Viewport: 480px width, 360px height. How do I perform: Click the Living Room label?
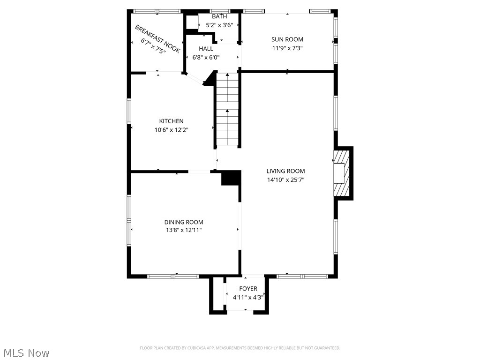tap(285, 171)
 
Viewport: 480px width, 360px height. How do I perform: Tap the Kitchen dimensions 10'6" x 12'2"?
tap(171, 130)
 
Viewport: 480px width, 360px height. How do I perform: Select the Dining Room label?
tap(184, 222)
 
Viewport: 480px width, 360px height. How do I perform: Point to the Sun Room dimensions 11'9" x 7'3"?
tap(287, 48)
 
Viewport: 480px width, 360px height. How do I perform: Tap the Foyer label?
tap(248, 289)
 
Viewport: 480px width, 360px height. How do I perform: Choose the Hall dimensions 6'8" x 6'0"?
tap(206, 57)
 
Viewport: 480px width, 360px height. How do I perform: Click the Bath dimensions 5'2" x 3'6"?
tap(219, 25)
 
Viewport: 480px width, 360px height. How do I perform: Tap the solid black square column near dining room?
tap(230, 179)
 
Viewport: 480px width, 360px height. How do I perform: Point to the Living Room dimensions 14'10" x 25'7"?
tap(285, 180)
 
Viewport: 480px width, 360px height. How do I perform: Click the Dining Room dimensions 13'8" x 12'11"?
tap(184, 230)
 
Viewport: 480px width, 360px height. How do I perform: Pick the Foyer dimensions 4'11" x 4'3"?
tap(248, 297)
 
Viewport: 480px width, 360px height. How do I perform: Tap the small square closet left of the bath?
tap(192, 22)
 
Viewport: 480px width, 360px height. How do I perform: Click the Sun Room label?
tap(287, 39)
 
